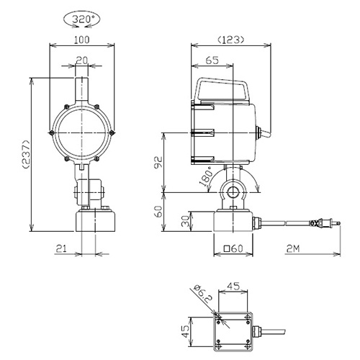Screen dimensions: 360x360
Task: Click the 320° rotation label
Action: click(x=81, y=19)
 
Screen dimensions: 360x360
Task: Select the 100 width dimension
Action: click(x=81, y=40)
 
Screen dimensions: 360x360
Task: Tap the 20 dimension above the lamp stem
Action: click(x=82, y=60)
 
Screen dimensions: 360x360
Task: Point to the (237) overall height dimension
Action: click(x=26, y=154)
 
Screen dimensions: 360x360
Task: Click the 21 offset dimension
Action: click(x=61, y=248)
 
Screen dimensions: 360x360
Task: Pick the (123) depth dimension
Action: click(x=231, y=40)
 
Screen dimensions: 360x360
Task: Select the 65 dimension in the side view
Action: click(x=212, y=60)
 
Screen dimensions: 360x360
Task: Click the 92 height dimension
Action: click(x=158, y=163)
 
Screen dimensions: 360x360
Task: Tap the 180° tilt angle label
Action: click(x=206, y=176)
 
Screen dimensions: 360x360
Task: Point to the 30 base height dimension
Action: click(x=185, y=221)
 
